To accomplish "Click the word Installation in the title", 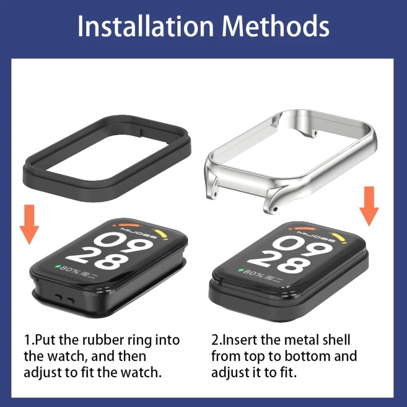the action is (145, 26).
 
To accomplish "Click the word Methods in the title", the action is (276, 26).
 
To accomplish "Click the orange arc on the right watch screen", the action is (305, 229).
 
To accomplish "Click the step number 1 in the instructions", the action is (27, 340).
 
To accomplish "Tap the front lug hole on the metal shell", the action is (275, 209).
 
